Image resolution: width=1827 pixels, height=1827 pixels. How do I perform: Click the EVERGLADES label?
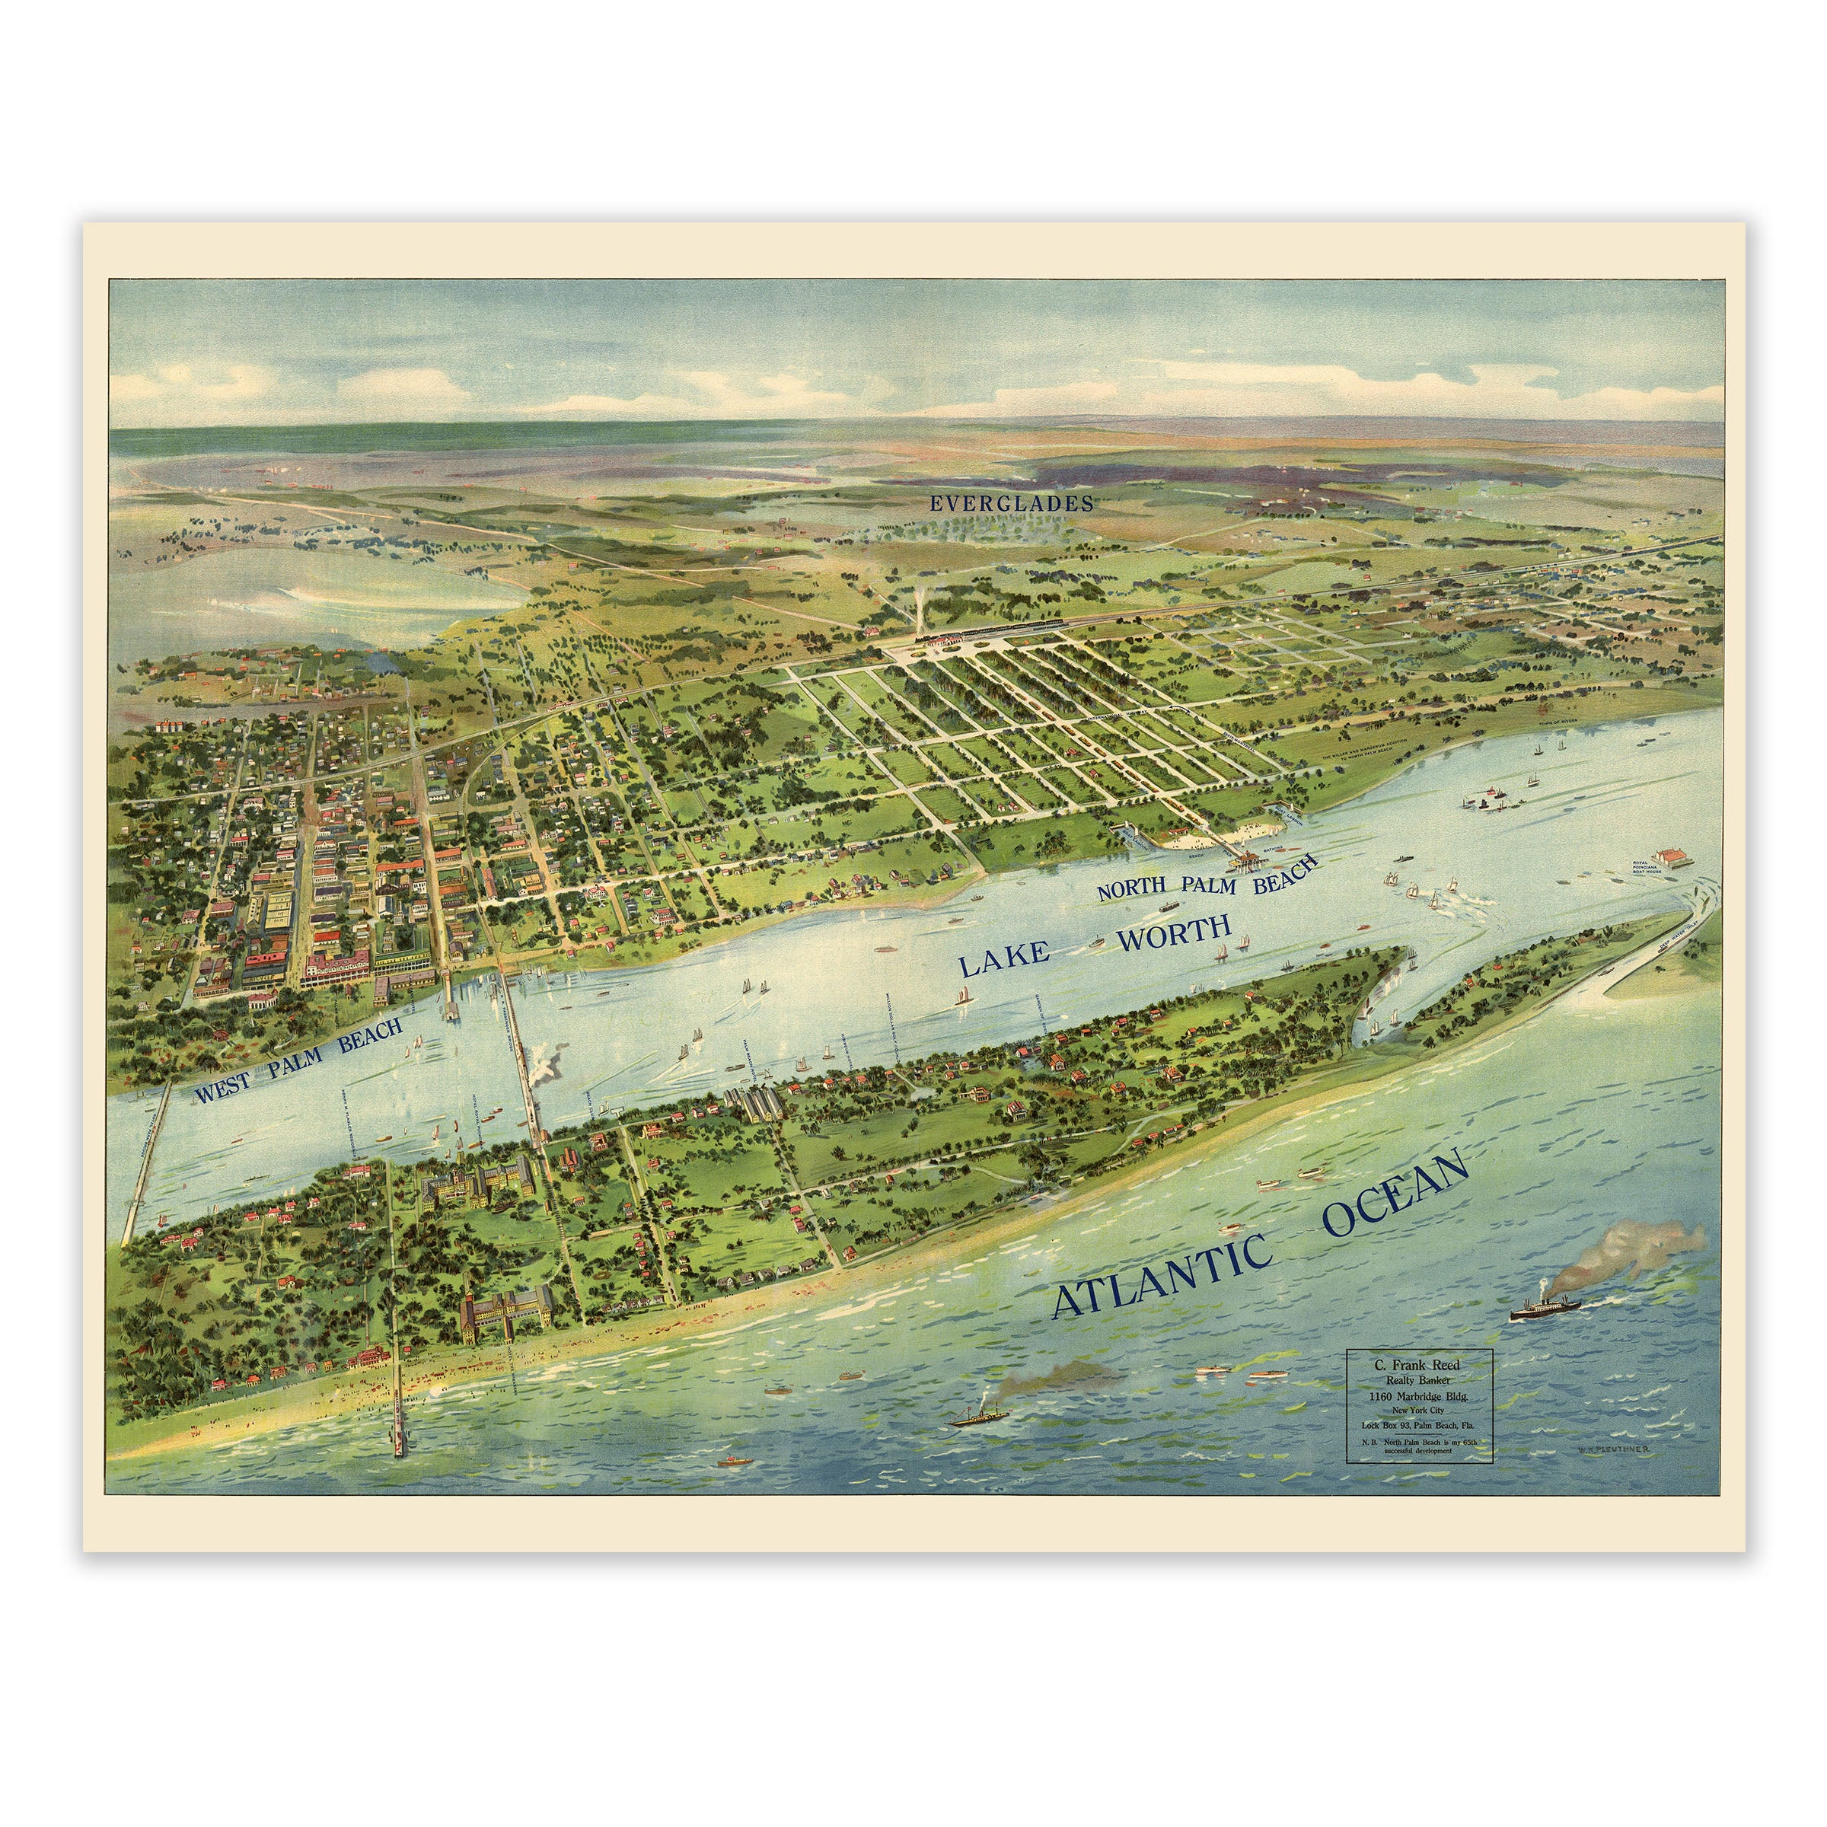click(x=1010, y=504)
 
